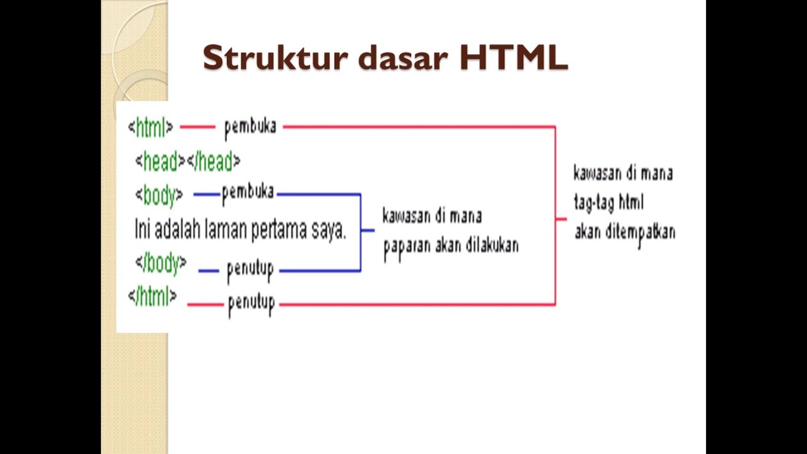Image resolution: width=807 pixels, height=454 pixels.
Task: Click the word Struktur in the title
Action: coord(275,58)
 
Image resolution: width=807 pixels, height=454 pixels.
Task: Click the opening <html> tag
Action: coord(150,128)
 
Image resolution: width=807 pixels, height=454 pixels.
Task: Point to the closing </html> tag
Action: coord(153,296)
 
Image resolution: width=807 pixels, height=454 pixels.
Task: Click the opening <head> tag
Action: coord(160,162)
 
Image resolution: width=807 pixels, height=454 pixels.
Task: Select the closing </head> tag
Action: coord(214,162)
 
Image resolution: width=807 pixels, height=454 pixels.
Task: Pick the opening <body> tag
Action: coord(159,195)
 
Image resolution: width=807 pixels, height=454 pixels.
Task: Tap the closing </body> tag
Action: coord(161,264)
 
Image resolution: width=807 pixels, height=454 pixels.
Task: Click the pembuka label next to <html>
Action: coord(250,127)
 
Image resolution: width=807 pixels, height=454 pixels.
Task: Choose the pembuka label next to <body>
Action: coord(248,193)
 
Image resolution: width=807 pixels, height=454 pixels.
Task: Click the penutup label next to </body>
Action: coord(250,271)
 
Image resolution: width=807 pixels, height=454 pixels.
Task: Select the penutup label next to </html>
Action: coord(252,305)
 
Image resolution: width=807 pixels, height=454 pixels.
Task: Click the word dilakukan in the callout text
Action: coord(492,245)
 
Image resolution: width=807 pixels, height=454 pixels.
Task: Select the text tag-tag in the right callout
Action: coord(595,202)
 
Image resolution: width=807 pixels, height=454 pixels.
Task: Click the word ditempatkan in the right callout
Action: coord(641,232)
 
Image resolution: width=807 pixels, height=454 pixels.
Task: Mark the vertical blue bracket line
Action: coord(361,232)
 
